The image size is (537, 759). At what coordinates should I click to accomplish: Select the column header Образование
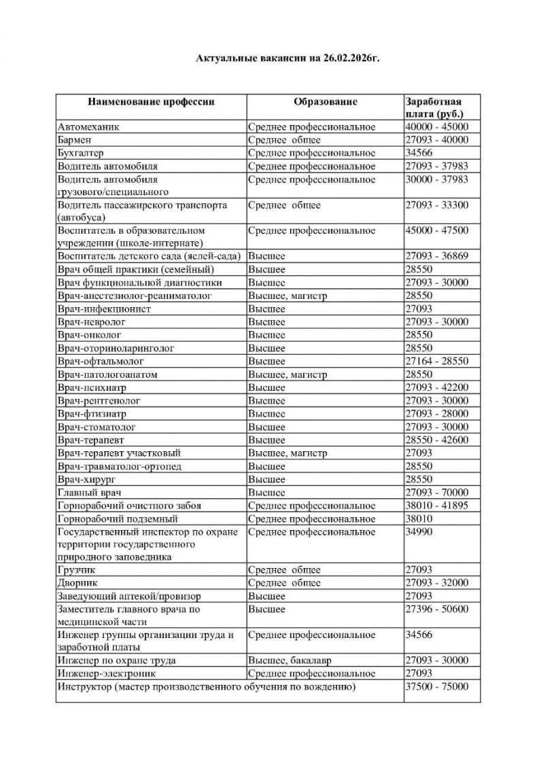[x=325, y=102]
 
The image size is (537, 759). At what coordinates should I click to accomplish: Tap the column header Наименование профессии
[x=151, y=102]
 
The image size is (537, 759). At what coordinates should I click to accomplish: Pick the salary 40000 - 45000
[x=436, y=127]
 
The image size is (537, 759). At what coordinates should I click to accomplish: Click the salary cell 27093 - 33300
[x=436, y=205]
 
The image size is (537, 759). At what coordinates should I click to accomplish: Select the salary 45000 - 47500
[x=436, y=231]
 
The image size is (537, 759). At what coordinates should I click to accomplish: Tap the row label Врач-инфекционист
[x=104, y=309]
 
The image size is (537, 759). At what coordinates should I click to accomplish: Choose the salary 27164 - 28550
[x=436, y=361]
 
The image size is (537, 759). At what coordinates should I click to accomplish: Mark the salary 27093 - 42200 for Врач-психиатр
[x=436, y=388]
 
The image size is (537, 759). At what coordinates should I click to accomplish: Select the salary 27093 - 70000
[x=436, y=493]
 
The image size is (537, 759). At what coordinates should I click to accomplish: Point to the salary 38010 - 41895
[x=436, y=506]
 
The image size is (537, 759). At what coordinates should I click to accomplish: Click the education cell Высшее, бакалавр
[x=288, y=660]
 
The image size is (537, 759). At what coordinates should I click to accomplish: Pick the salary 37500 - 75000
[x=436, y=687]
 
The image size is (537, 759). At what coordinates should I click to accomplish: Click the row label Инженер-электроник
[x=107, y=673]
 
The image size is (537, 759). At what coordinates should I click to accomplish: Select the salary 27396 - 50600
[x=436, y=610]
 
